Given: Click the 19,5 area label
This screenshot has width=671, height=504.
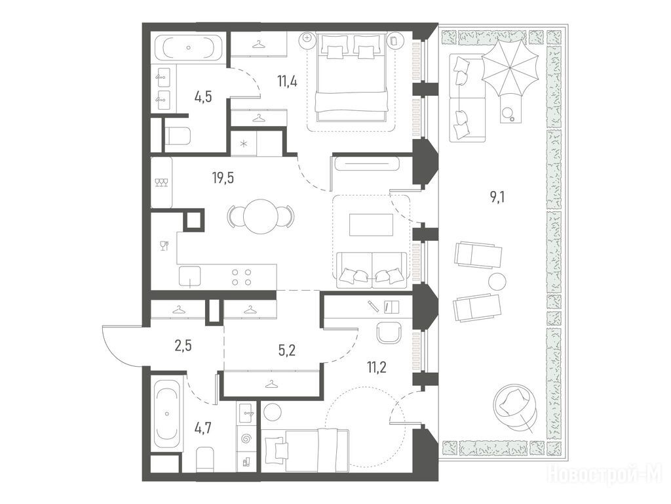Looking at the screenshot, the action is [x=223, y=177].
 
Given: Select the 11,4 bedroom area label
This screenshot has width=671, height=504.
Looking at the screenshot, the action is [x=287, y=80].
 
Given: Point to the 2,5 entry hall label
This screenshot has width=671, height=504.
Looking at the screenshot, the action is [x=183, y=345].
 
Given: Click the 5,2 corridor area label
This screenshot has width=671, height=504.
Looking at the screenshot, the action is [x=287, y=350].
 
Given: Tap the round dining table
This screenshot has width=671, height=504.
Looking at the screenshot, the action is [x=261, y=215].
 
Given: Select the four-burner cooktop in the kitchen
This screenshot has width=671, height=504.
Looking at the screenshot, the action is [x=241, y=276].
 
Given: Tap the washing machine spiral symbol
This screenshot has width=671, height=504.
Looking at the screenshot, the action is [x=246, y=439].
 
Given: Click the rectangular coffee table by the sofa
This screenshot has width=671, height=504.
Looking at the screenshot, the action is [x=371, y=224].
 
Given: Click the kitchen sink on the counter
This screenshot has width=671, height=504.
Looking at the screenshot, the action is [x=189, y=276].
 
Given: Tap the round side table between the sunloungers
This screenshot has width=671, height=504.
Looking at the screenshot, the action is [x=497, y=281].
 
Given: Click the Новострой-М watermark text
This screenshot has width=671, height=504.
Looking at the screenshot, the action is [x=605, y=474].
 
